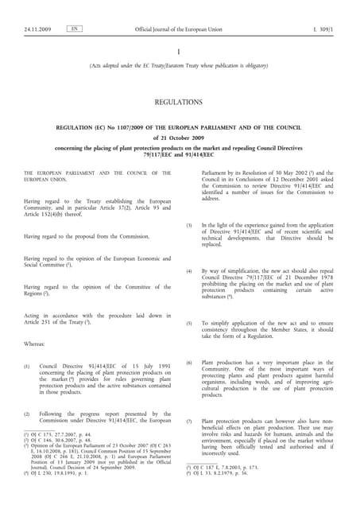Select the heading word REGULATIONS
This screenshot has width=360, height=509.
[180, 102]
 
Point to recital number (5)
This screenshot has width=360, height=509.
[189, 324]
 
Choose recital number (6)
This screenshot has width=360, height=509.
[189, 363]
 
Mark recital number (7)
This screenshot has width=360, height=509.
[189, 421]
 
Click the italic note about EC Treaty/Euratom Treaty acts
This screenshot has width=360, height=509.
[180, 66]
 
